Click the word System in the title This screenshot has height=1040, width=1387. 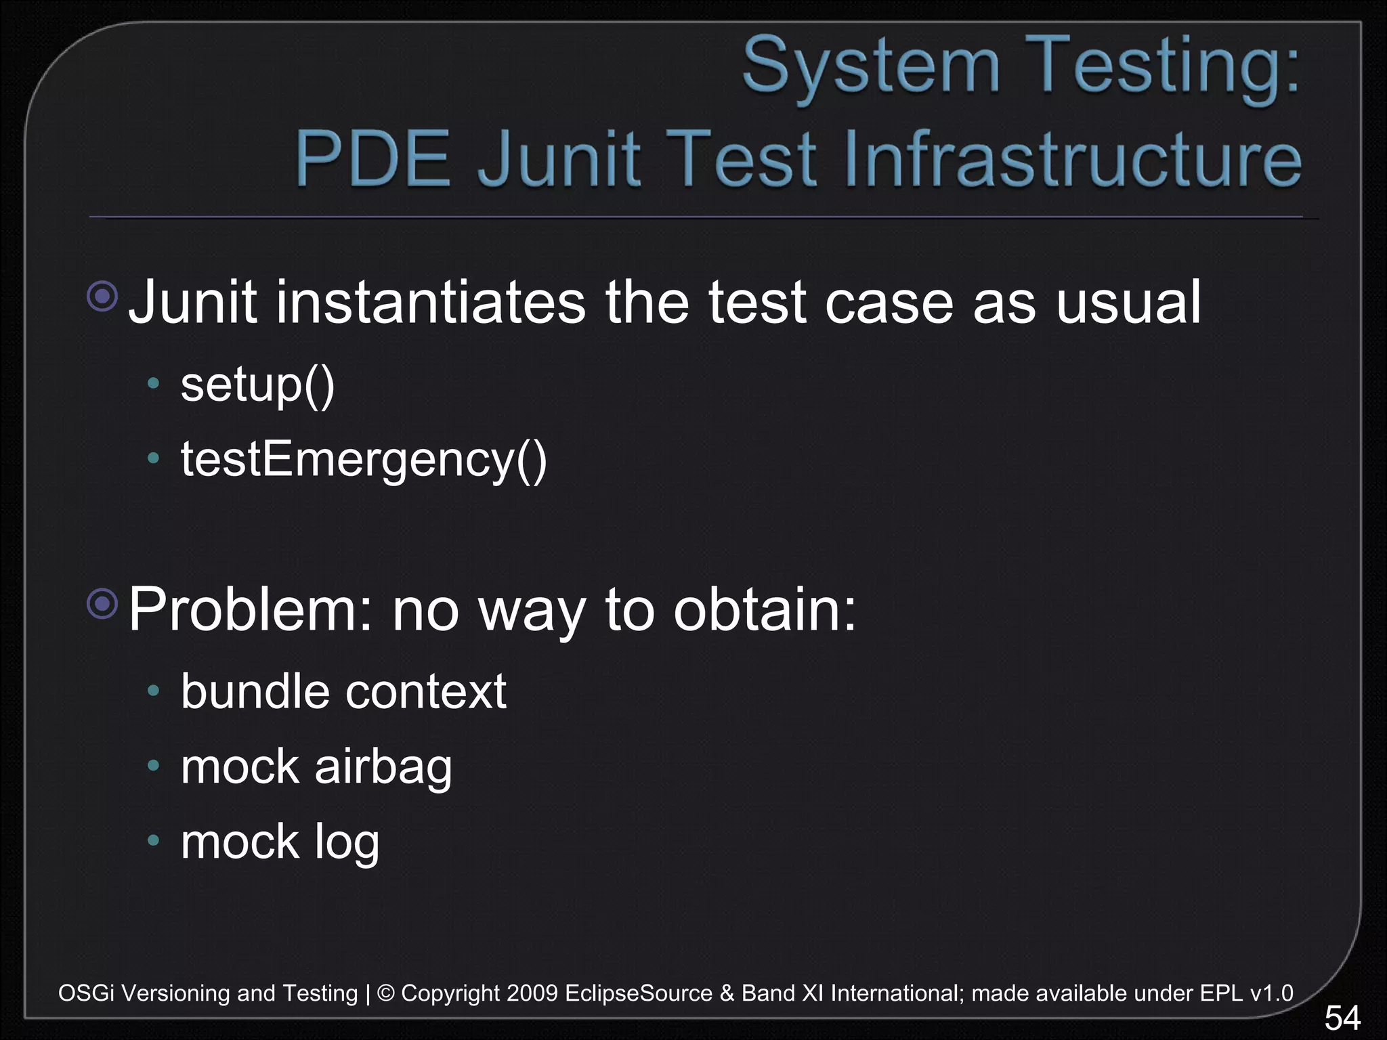click(x=871, y=66)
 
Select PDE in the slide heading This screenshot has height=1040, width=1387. click(x=373, y=158)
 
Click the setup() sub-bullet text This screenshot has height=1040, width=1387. click(x=257, y=385)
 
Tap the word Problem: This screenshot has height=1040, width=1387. click(x=251, y=609)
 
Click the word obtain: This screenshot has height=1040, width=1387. click(x=765, y=609)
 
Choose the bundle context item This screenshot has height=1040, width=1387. click(x=343, y=692)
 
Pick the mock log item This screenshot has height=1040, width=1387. click(x=280, y=842)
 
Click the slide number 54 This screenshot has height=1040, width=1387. click(x=1342, y=1018)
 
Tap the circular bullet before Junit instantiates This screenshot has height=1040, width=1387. click(x=103, y=296)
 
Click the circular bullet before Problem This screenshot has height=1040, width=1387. click(x=103, y=603)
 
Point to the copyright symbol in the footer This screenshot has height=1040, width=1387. click(x=385, y=993)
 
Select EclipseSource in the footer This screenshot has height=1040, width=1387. click(x=639, y=993)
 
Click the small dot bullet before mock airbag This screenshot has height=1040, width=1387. click(x=154, y=766)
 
